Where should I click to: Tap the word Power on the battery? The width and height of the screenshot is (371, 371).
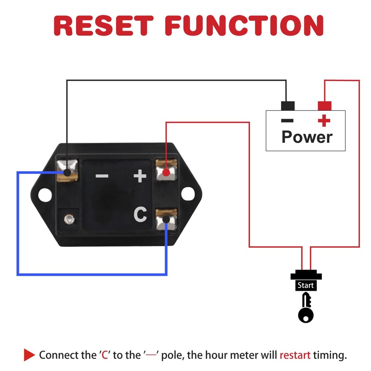pos(307,137)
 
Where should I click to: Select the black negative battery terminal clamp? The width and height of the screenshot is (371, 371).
pos(288,106)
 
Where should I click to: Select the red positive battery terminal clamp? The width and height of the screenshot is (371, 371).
pos(325,106)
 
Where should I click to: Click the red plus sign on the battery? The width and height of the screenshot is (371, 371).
pos(324,121)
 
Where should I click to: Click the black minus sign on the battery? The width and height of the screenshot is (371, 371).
pos(288,121)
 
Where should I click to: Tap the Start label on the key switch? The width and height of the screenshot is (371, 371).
pos(306,286)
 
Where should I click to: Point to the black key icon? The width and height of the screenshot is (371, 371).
pos(305,308)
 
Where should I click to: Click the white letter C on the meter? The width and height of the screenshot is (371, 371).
pos(141,214)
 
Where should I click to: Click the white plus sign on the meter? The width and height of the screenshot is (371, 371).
pos(140,176)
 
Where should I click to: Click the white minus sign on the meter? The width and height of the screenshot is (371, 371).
pos(102,176)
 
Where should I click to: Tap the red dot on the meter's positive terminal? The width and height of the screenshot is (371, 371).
pos(166,173)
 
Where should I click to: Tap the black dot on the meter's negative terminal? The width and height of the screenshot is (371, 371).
pos(67,173)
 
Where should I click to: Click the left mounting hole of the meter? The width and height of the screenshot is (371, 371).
pos(44,195)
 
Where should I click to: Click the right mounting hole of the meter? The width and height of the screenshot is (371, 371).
pos(187,194)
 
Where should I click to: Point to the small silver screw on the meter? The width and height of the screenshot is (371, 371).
pos(69,217)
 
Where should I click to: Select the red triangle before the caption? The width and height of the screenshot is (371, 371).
pos(29,355)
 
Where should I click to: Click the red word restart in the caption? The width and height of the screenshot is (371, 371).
pos(295,356)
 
